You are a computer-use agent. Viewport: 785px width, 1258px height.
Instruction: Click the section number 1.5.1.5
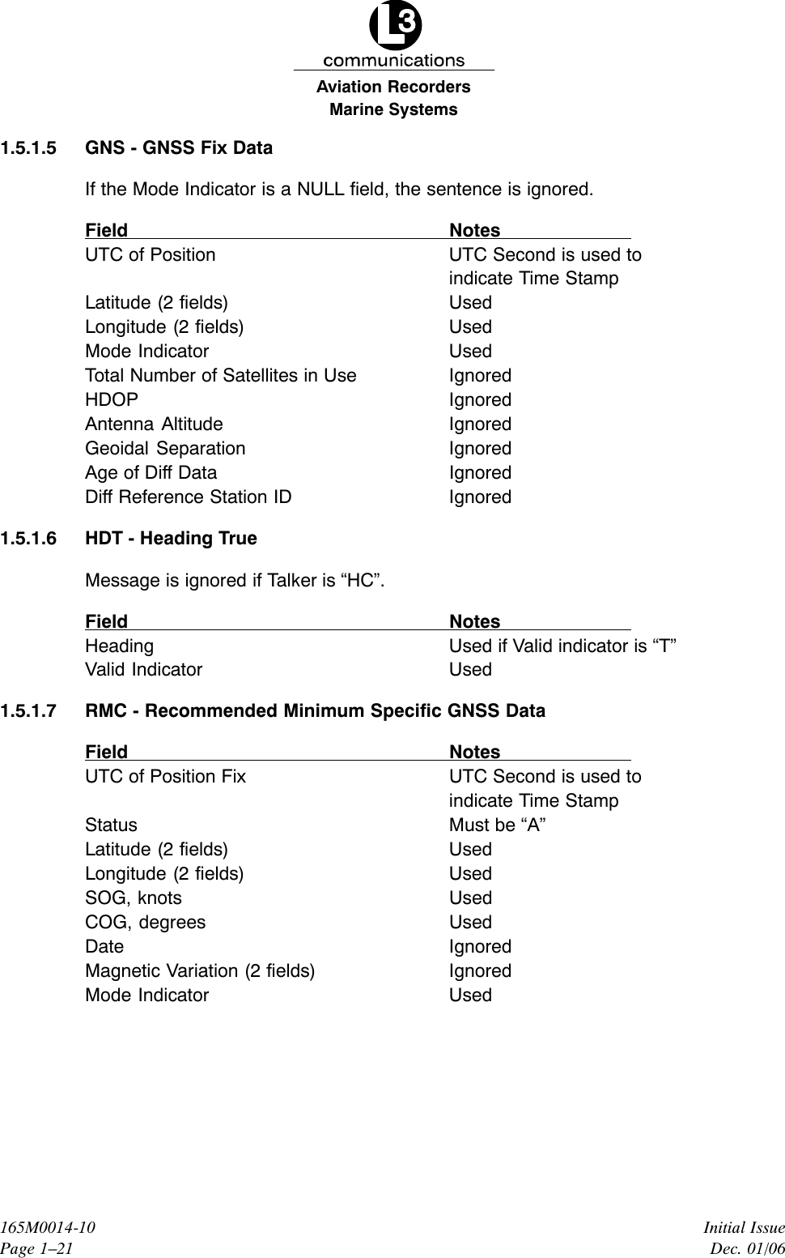pyautogui.click(x=29, y=148)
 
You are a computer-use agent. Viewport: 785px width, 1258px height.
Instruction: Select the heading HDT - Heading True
pyautogui.click(x=171, y=539)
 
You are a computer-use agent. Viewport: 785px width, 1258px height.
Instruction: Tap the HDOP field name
pyautogui.click(x=112, y=400)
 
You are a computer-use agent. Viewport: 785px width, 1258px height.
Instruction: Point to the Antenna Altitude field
pyautogui.click(x=154, y=424)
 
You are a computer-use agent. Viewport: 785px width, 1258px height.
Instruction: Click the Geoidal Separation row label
pyautogui.click(x=165, y=449)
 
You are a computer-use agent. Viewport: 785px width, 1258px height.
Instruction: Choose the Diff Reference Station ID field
pyautogui.click(x=189, y=497)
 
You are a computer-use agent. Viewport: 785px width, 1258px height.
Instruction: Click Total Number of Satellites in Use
pyautogui.click(x=220, y=376)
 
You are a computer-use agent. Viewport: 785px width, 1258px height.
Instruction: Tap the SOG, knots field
pyautogui.click(x=134, y=898)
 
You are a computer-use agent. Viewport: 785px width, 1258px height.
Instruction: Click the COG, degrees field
pyautogui.click(x=146, y=923)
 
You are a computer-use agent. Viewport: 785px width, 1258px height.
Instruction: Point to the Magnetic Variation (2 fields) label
pyautogui.click(x=200, y=971)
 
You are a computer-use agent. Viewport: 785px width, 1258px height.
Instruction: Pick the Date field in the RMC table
pyautogui.click(x=104, y=947)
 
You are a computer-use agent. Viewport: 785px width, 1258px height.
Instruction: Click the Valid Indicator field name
pyautogui.click(x=144, y=670)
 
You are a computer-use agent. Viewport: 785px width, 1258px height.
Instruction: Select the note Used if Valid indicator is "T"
pyautogui.click(x=562, y=646)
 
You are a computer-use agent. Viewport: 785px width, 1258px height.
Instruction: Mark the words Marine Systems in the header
pyautogui.click(x=393, y=109)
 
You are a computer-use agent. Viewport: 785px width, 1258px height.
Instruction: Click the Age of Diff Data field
pyautogui.click(x=151, y=473)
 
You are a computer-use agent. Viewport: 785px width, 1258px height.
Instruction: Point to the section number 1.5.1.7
pyautogui.click(x=29, y=711)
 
